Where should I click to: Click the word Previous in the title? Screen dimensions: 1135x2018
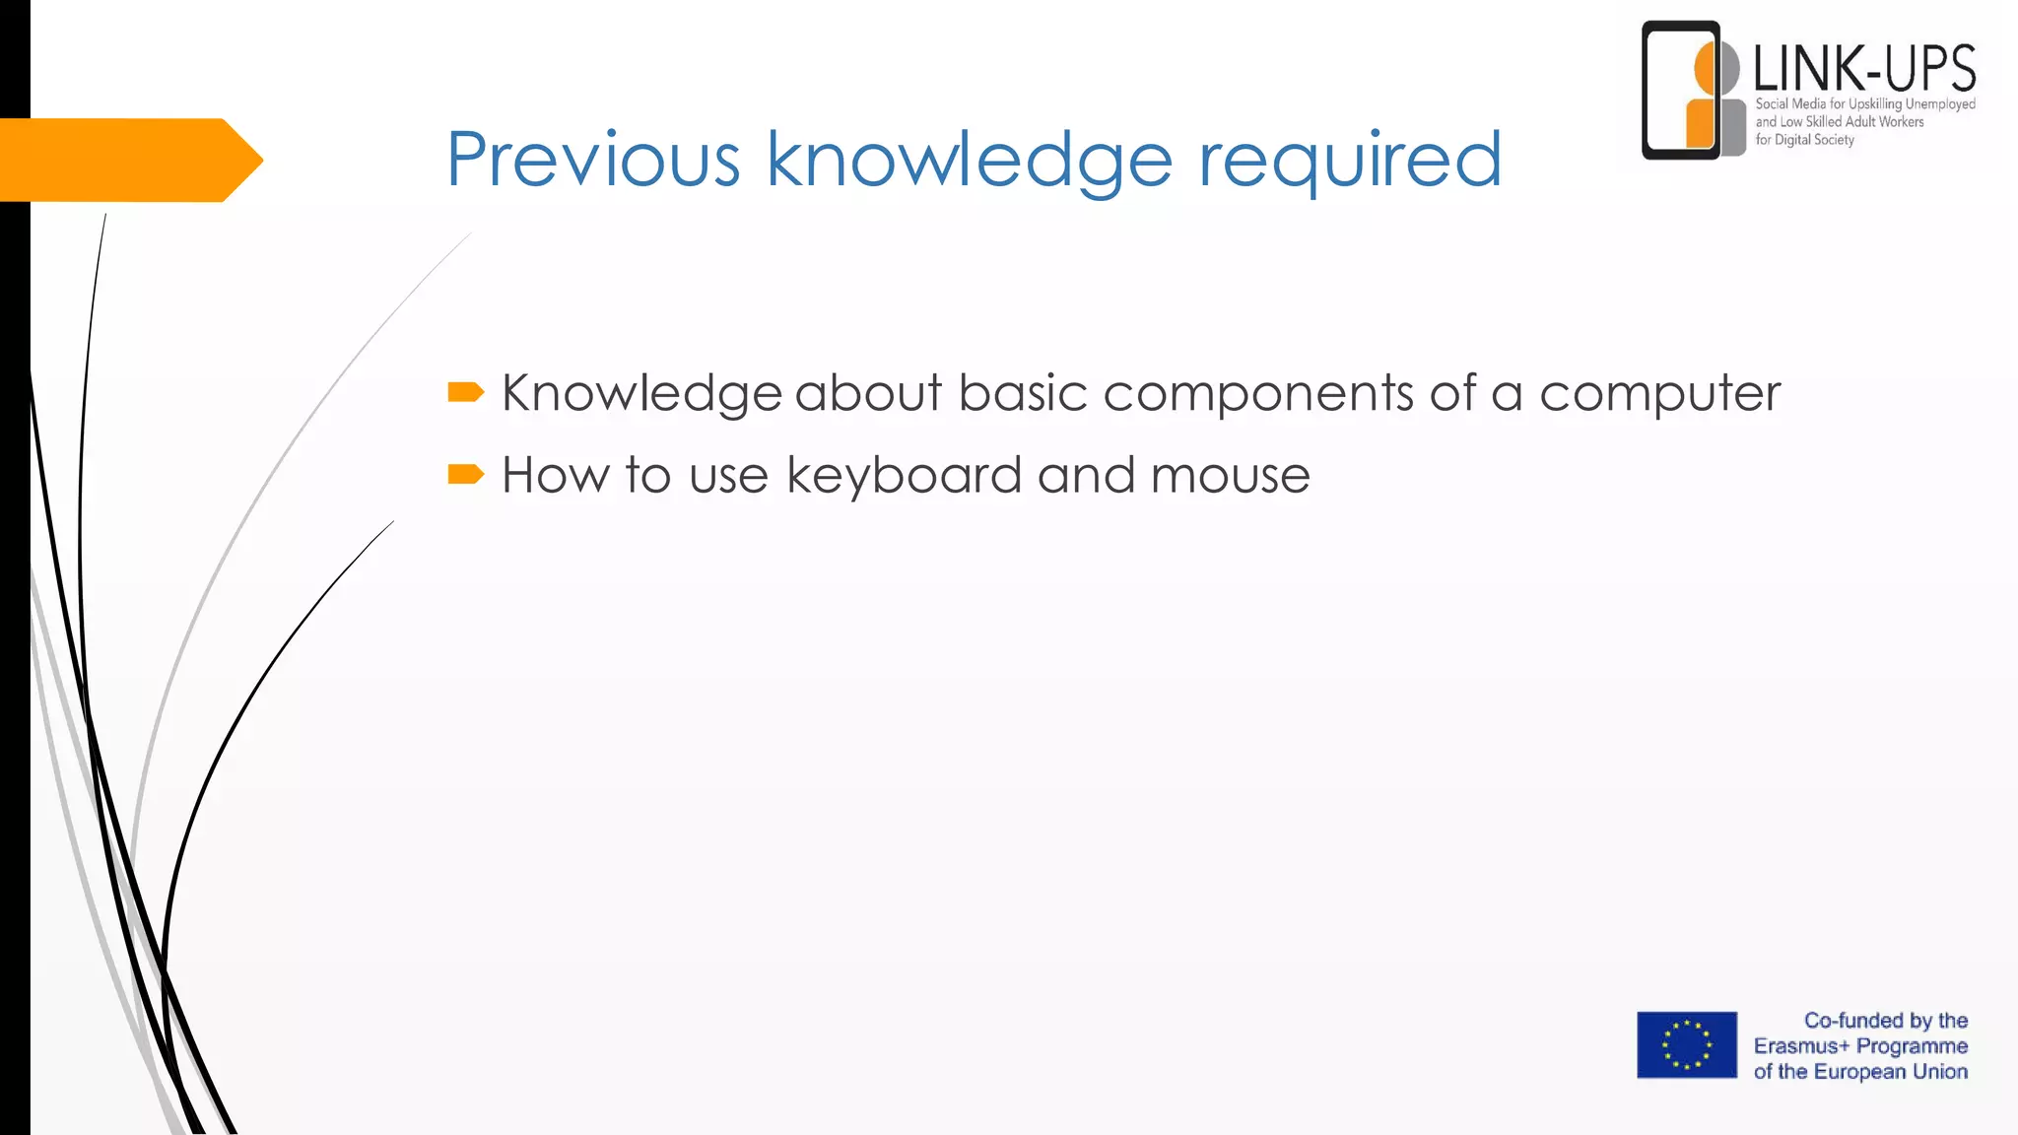click(593, 160)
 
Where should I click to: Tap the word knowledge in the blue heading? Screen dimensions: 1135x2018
click(969, 162)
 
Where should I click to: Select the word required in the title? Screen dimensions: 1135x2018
click(1349, 162)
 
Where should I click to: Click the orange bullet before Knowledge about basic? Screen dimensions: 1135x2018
click(465, 393)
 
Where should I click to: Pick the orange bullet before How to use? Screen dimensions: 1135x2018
click(465, 475)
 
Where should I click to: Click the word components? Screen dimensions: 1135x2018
click(1258, 394)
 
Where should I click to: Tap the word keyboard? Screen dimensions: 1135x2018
click(904, 477)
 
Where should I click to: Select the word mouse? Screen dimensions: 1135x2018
click(1230, 476)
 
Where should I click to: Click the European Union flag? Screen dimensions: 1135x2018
click(1687, 1044)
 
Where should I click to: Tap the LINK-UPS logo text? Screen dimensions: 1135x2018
click(1864, 69)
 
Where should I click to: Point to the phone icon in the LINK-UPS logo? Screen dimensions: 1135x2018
click(1681, 90)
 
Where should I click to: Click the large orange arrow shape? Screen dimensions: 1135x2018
click(128, 160)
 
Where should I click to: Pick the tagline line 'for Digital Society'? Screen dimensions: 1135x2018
click(1804, 140)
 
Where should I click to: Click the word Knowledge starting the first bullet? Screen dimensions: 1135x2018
click(641, 394)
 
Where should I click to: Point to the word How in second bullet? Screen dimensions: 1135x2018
click(556, 475)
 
